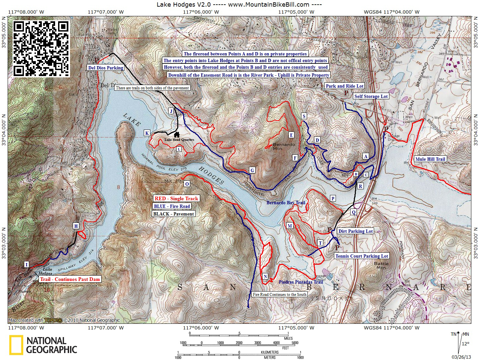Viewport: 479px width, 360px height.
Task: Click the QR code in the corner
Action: click(x=41, y=48)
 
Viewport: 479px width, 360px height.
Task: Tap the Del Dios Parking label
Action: click(x=106, y=68)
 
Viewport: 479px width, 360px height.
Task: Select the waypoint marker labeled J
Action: click(x=171, y=111)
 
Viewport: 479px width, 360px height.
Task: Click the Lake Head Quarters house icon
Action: click(x=177, y=135)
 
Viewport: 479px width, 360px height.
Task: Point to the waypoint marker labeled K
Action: click(x=147, y=133)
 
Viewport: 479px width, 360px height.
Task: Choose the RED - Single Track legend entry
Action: click(x=176, y=199)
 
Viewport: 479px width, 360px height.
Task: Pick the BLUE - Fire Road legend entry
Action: click(x=172, y=206)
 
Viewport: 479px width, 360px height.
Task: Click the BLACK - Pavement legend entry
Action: click(x=174, y=214)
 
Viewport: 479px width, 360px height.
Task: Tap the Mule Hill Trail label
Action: click(x=430, y=159)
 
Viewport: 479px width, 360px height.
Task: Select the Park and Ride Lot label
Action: click(x=345, y=86)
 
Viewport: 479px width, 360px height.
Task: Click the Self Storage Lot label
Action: click(x=371, y=96)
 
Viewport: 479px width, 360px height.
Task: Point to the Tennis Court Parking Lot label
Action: click(x=361, y=256)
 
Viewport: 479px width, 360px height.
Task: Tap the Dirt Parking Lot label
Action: click(x=356, y=231)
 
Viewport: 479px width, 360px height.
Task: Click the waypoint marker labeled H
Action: click(x=76, y=226)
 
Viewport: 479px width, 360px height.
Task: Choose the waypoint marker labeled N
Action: click(x=265, y=277)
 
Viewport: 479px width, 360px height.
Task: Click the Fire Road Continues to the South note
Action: click(x=279, y=295)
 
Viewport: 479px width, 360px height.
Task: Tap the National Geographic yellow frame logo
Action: click(x=16, y=345)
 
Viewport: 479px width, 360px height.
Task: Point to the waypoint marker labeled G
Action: click(x=252, y=170)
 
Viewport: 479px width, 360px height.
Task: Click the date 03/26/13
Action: click(x=464, y=357)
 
